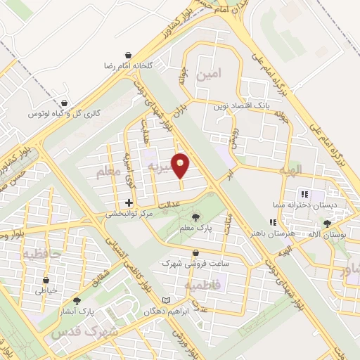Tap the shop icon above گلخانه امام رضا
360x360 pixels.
pyautogui.click(x=128, y=54)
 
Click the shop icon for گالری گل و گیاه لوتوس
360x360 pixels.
pyautogui.click(x=65, y=103)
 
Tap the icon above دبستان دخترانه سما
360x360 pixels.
pyautogui.click(x=304, y=193)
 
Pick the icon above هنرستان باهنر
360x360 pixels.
pyautogui.click(x=273, y=221)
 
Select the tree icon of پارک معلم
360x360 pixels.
pyautogui.click(x=195, y=217)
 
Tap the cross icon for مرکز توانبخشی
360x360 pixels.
pyautogui.click(x=128, y=202)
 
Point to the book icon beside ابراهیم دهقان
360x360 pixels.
pyautogui.click(x=166, y=300)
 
